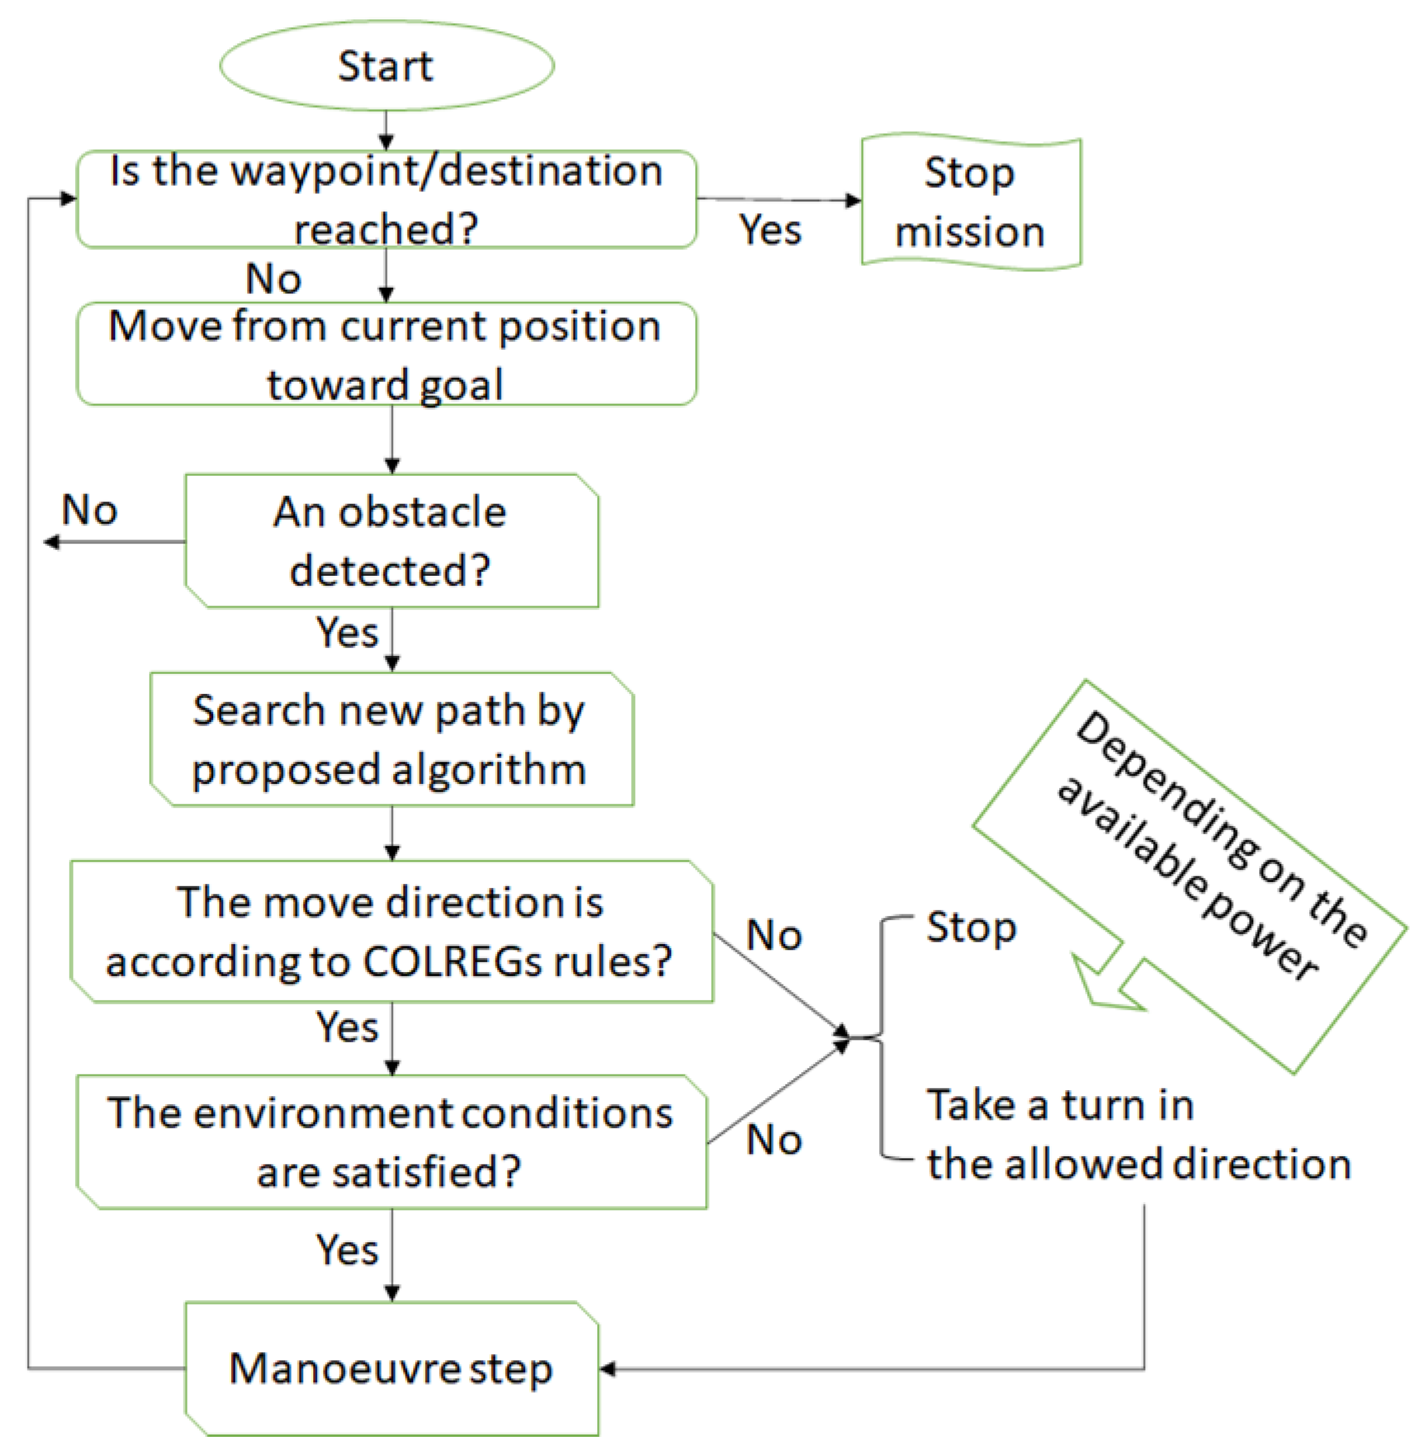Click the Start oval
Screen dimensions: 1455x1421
387,65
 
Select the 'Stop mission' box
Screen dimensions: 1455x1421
971,202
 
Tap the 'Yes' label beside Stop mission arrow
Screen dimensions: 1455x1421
770,230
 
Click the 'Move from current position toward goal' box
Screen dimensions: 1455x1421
387,355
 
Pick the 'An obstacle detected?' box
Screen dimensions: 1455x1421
391,541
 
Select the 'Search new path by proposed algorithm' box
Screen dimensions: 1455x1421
391,739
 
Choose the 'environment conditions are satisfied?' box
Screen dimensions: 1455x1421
391,1142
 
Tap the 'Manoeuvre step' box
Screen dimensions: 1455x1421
391,1368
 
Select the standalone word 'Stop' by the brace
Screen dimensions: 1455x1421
971,928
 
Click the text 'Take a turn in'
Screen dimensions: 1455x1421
1060,1105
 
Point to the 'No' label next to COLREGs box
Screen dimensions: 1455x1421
774,935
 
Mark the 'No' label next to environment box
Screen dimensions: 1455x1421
774,1140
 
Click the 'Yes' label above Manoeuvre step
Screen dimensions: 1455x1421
347,1250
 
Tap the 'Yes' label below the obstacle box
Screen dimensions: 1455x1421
347,633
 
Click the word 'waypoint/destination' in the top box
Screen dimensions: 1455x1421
446,171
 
